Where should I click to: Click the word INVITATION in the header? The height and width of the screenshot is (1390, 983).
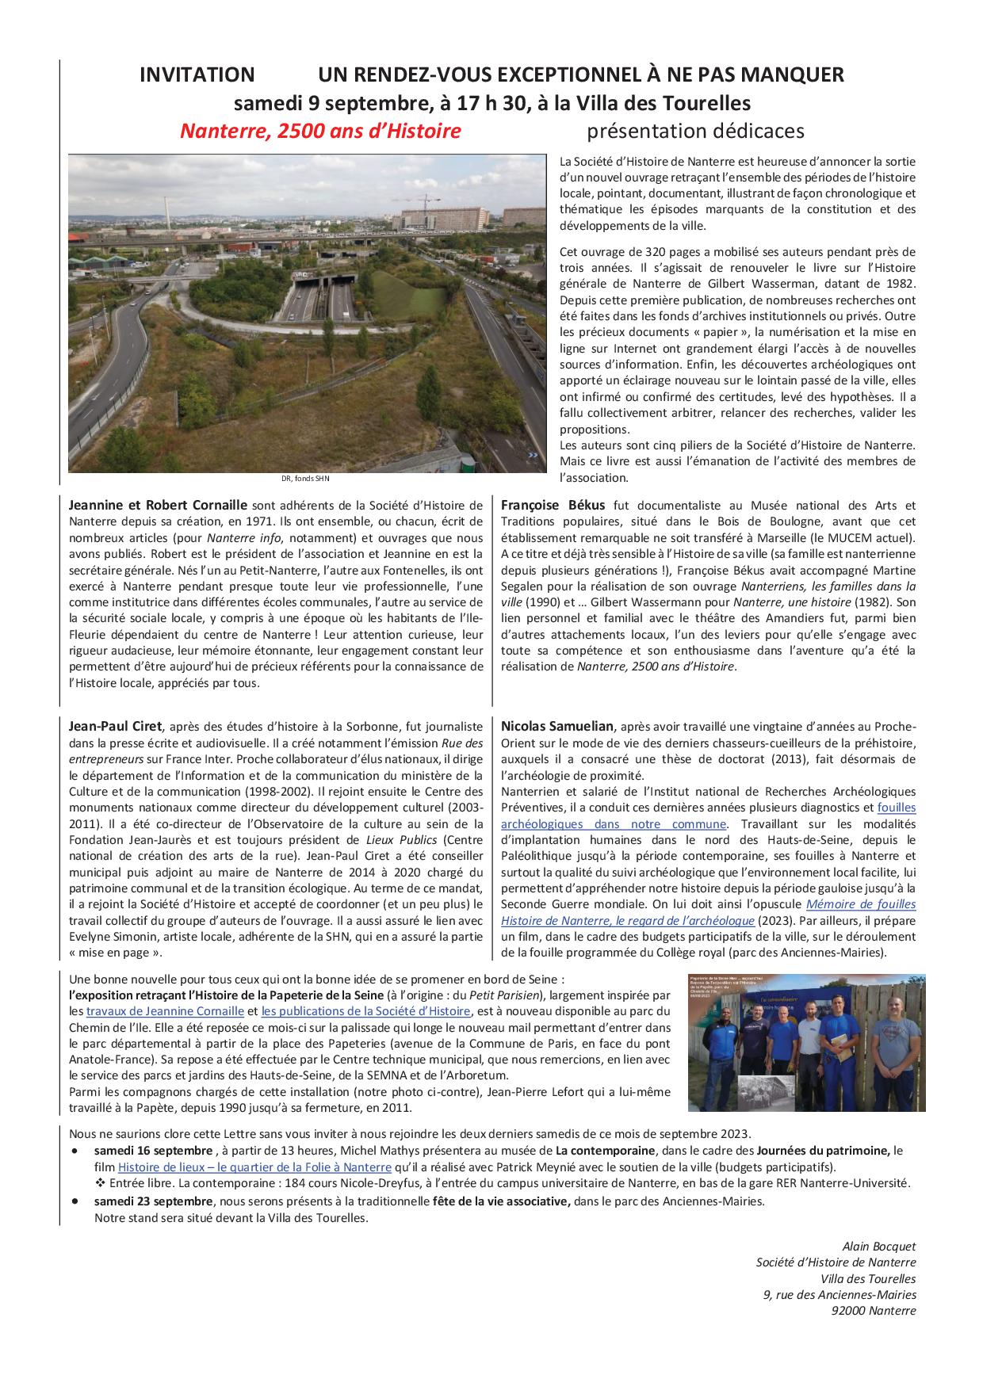point(197,75)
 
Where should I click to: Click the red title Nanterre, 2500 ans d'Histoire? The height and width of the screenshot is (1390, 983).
point(320,131)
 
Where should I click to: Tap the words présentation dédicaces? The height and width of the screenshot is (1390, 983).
point(695,131)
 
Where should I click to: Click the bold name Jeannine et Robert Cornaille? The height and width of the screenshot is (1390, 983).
point(159,506)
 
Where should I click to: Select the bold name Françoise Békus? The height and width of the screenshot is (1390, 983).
point(553,506)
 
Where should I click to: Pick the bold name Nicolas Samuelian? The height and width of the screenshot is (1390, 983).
point(557,726)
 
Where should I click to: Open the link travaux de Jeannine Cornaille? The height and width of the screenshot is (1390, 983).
point(165,1011)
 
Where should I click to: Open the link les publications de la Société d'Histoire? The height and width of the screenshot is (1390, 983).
point(365,1011)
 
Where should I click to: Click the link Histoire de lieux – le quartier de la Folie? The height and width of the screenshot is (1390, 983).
point(254,1167)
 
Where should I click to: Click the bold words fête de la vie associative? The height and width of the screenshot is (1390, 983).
point(501,1201)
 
